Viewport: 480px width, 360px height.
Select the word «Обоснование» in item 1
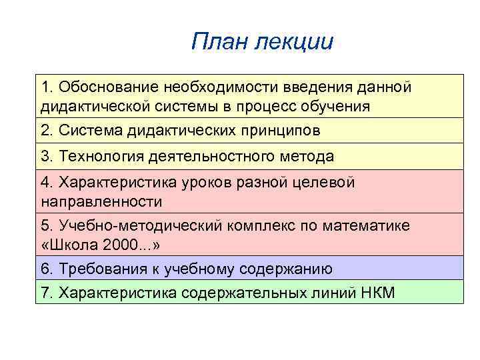(104, 87)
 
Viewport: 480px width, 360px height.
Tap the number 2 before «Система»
(45, 131)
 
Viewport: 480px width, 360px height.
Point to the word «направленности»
(101, 201)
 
